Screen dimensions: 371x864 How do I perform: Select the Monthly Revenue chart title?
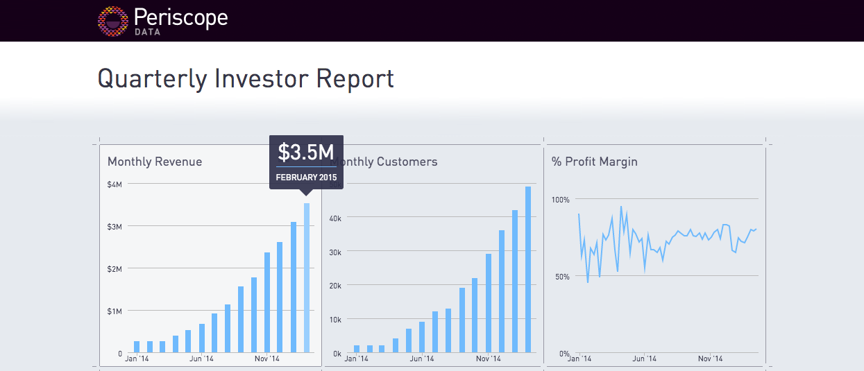[x=155, y=162]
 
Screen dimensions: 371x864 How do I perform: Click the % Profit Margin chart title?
[x=594, y=162]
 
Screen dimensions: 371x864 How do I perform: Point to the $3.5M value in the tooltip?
[x=306, y=152]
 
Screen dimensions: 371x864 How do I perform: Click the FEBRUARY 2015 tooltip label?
[x=306, y=178]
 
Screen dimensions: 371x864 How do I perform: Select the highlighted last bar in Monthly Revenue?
[x=307, y=277]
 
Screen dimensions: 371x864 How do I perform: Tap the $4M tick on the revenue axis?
[x=115, y=184]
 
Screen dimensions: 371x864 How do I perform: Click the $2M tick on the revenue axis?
[x=115, y=269]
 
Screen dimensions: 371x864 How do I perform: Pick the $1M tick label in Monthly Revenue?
[x=115, y=311]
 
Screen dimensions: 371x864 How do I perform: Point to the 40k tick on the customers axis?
[x=334, y=218]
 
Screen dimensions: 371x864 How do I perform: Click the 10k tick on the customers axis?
[x=334, y=320]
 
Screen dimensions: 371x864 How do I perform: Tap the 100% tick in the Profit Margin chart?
[x=560, y=200]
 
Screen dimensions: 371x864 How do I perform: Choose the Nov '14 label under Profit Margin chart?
[x=710, y=359]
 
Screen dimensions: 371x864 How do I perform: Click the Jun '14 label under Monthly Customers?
[x=421, y=359]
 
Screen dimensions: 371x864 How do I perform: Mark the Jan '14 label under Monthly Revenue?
[x=137, y=359]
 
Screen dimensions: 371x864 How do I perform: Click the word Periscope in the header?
[x=180, y=17]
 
